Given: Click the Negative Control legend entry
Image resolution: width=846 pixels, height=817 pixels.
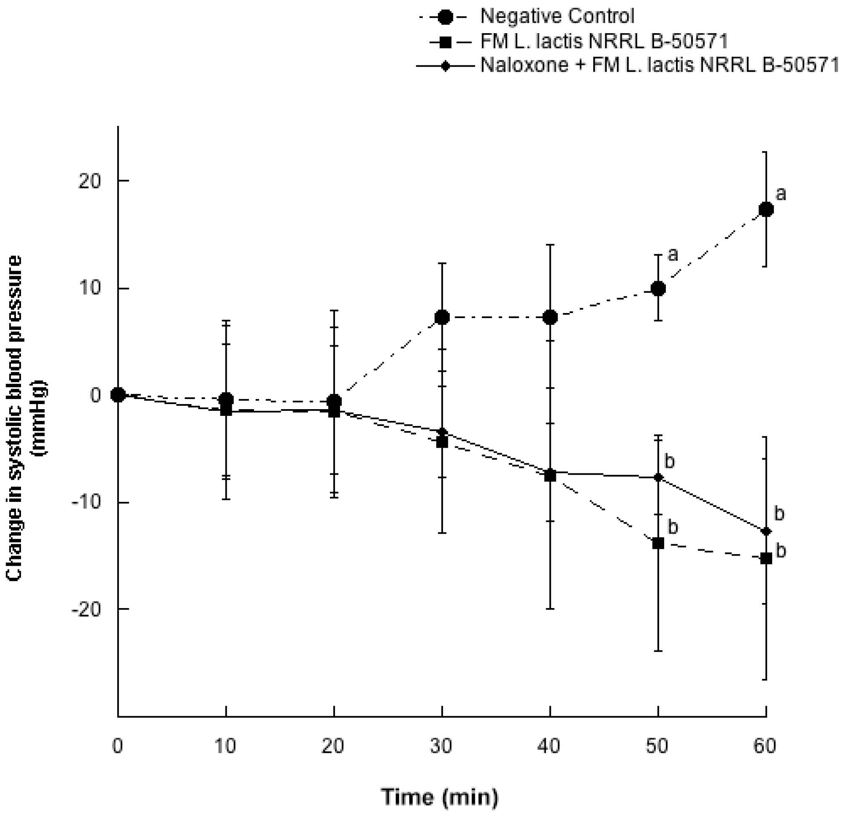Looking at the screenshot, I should coord(557,16).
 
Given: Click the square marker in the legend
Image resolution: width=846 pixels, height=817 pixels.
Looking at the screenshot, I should coord(446,42).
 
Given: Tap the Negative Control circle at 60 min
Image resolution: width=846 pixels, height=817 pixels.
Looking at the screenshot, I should coord(766,210).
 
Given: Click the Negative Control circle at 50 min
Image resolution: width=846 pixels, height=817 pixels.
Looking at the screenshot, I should coord(658,289).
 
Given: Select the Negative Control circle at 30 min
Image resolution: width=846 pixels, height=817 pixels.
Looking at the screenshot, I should coord(442,318).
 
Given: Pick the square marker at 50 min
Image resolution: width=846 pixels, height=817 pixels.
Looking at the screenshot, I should coord(658,543).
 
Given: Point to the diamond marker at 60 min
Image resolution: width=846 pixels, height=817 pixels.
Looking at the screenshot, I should coord(766,531).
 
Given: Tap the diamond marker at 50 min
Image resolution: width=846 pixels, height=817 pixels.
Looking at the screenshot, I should coord(658,477).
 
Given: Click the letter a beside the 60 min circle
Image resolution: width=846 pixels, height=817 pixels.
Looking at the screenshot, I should coord(781,194).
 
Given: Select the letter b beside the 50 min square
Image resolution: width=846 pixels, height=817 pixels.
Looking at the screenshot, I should coord(673,527).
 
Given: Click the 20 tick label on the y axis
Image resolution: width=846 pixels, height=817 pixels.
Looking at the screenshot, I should coord(89,181).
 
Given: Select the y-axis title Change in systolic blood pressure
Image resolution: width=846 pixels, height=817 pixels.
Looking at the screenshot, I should coord(26,418).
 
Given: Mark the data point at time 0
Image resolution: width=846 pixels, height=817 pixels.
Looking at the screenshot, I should coord(118,394).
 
